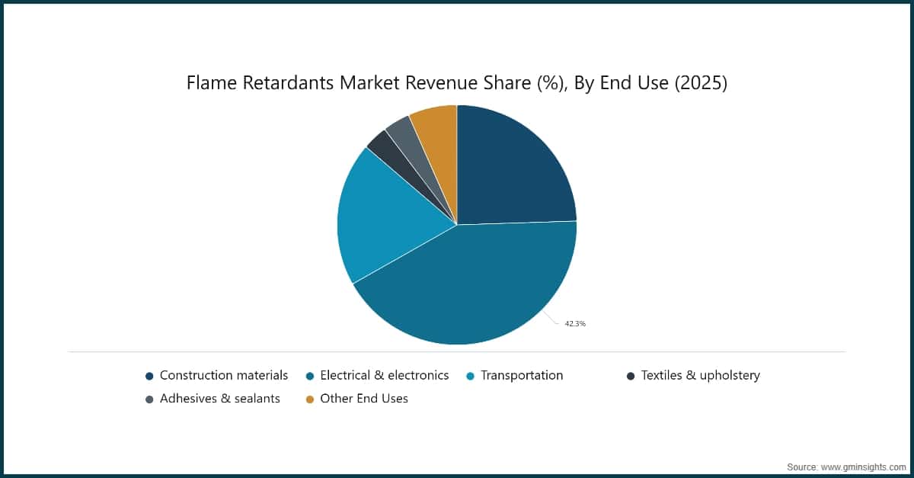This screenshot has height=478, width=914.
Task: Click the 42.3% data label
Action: (575, 324)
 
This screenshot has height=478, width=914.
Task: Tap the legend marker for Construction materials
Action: (150, 376)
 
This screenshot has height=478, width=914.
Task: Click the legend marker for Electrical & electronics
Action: (310, 376)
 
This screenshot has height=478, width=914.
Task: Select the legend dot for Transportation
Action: (470, 376)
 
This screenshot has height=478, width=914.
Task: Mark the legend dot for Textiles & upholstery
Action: (630, 376)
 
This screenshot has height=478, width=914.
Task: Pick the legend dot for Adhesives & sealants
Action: (150, 399)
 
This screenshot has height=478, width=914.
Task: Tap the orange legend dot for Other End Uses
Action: (310, 399)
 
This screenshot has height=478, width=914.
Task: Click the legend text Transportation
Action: (522, 375)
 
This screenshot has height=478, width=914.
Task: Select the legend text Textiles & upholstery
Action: (700, 375)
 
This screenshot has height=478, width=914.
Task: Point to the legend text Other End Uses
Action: (364, 398)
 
